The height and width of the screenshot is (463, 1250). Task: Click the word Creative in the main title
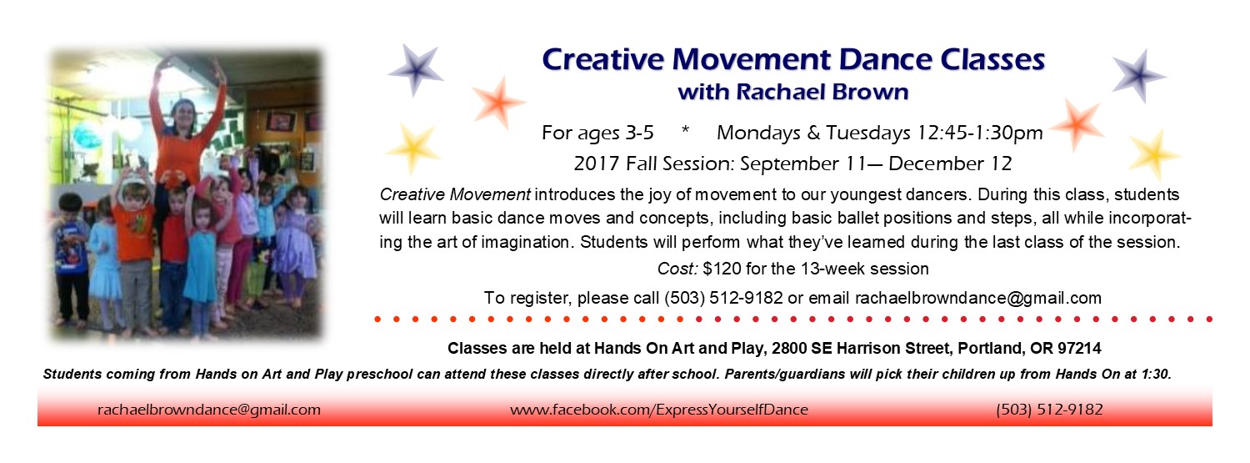tap(603, 60)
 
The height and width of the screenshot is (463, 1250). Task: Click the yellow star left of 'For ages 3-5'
tap(412, 148)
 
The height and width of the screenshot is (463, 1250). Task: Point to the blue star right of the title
tap(1139, 76)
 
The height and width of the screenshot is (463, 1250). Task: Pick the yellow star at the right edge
tap(1153, 154)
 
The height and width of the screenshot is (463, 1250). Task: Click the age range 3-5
tap(639, 133)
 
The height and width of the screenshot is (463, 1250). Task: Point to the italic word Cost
tap(677, 269)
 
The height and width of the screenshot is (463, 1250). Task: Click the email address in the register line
tap(978, 298)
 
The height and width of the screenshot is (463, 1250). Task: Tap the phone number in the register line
tap(723, 298)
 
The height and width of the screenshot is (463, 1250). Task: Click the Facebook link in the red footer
tap(659, 410)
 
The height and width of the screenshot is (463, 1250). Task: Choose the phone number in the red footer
tap(1050, 410)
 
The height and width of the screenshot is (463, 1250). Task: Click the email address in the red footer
tap(209, 410)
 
